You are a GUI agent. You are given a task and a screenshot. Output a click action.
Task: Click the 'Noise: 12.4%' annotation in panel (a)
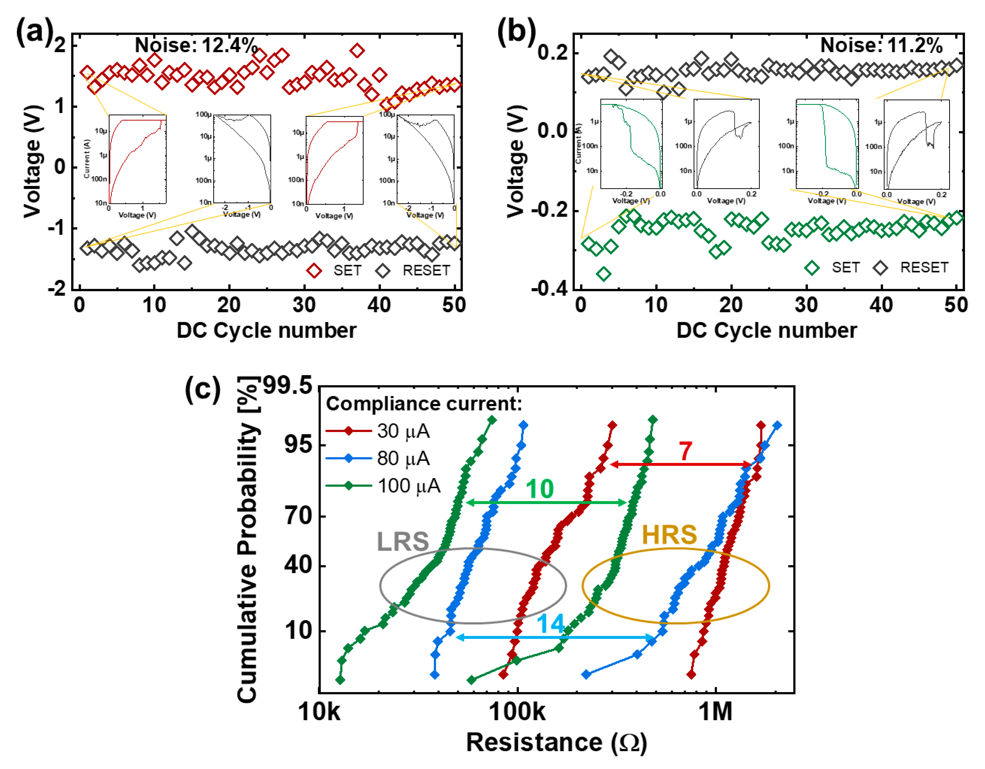196,46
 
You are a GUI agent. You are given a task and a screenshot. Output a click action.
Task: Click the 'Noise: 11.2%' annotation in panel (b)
881,46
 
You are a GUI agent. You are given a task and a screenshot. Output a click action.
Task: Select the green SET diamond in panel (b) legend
812,268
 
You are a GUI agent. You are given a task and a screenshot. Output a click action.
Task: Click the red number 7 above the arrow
685,451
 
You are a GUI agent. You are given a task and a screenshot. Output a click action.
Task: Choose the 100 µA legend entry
408,486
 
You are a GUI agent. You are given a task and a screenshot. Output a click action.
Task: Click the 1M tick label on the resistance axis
715,711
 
